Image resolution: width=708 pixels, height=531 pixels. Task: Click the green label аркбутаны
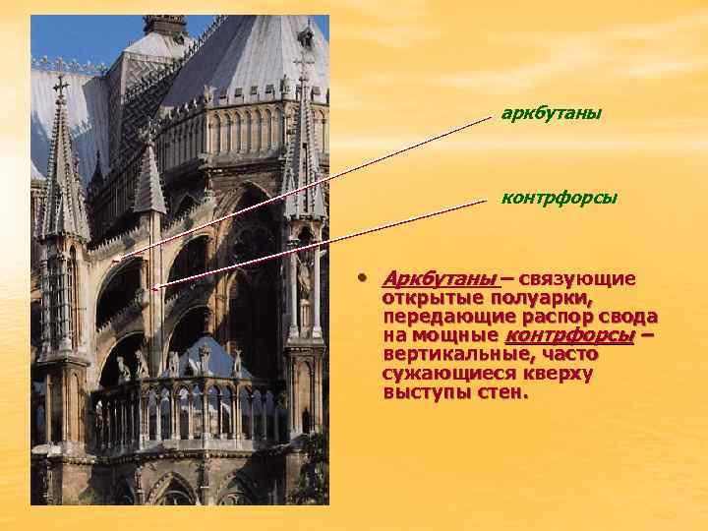click(x=551, y=114)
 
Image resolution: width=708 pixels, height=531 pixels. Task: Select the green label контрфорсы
click(x=559, y=198)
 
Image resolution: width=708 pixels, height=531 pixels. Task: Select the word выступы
click(x=425, y=392)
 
